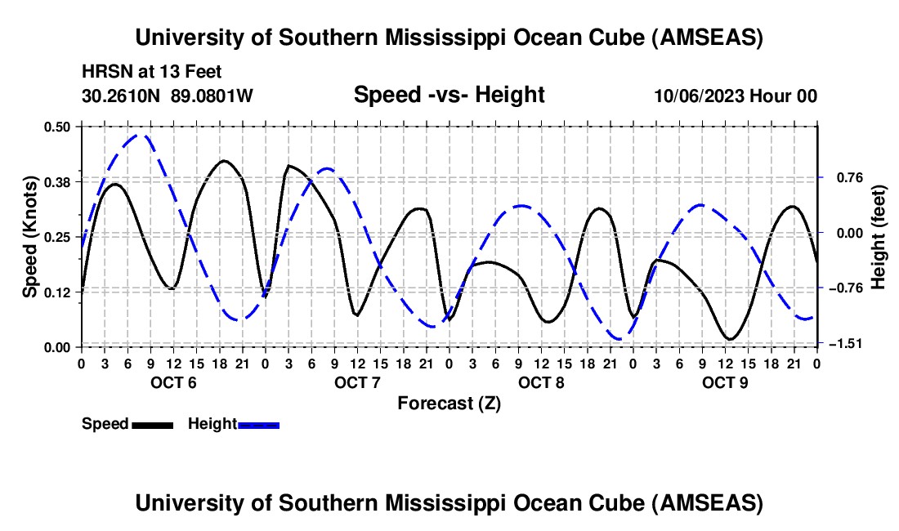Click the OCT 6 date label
(x=173, y=383)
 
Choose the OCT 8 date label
(x=541, y=383)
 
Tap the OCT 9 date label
(x=725, y=383)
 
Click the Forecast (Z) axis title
(x=449, y=403)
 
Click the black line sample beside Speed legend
(x=152, y=424)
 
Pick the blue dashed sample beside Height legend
(x=259, y=424)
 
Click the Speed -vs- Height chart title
(x=449, y=96)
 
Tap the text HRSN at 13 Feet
(x=151, y=73)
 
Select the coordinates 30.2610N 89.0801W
(x=168, y=96)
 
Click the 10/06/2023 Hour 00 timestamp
(x=736, y=96)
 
